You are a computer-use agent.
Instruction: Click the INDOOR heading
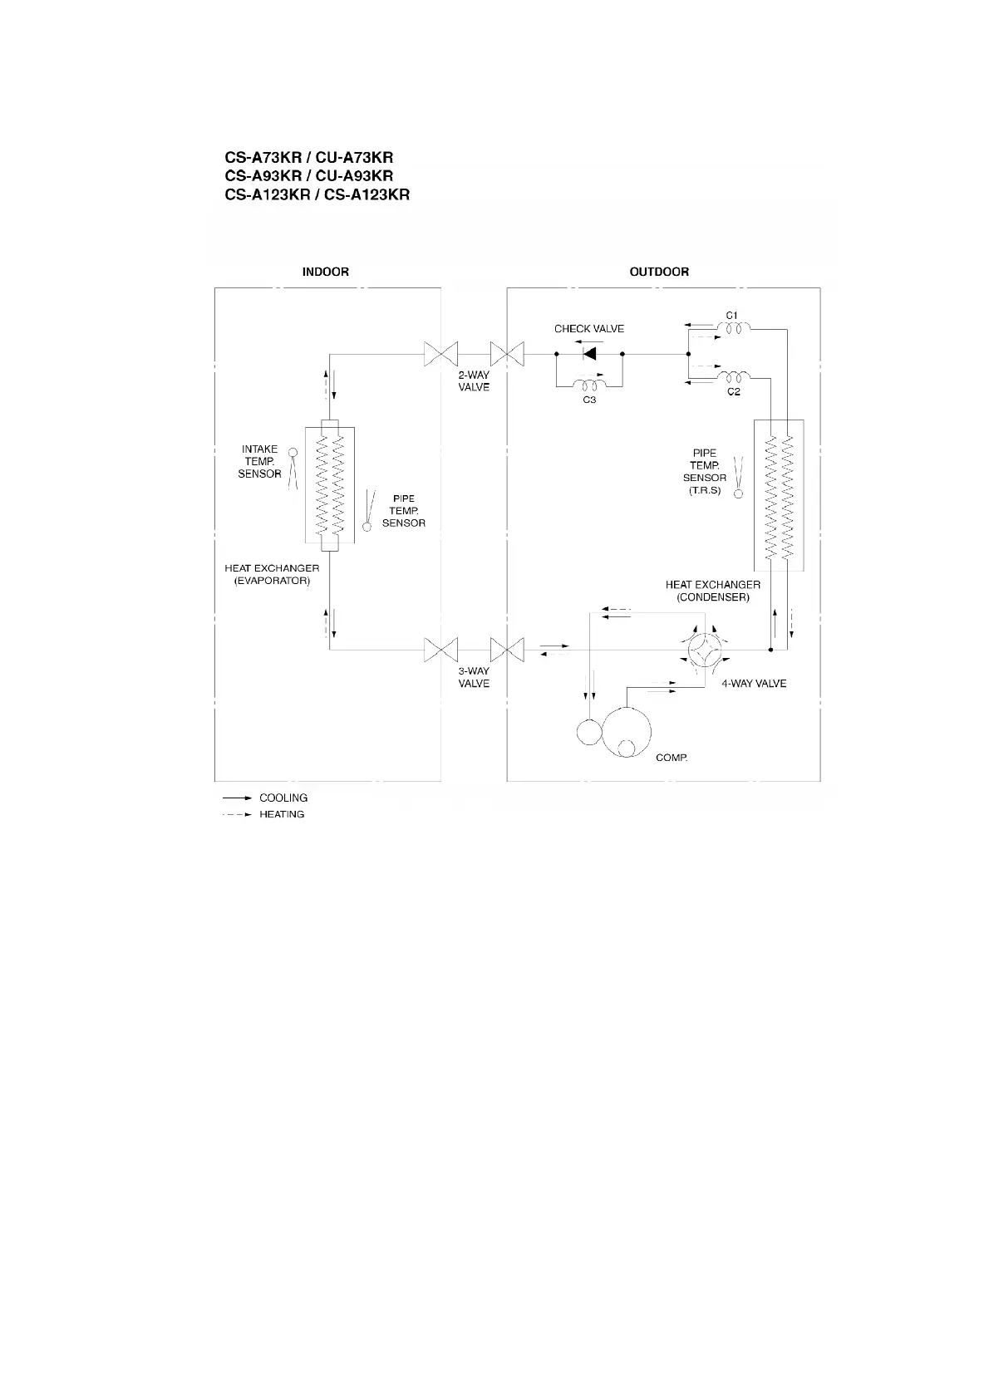click(325, 272)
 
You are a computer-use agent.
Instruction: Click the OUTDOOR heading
click(659, 272)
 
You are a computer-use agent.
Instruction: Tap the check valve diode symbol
click(589, 353)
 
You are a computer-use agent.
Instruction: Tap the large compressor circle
click(625, 732)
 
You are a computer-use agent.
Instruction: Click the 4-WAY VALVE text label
click(754, 684)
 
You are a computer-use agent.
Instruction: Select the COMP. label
click(672, 758)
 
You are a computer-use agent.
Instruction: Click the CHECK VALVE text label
click(589, 329)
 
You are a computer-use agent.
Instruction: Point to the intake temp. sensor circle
click(292, 454)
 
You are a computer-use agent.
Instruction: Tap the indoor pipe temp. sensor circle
click(367, 525)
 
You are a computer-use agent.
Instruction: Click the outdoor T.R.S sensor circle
click(737, 493)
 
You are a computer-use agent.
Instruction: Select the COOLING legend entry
click(283, 798)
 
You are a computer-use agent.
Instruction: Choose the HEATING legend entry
click(282, 814)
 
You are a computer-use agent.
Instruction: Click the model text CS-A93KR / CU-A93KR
click(308, 176)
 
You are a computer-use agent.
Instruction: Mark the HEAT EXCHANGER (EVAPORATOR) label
click(272, 574)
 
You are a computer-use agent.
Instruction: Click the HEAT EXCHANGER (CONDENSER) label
click(712, 591)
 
